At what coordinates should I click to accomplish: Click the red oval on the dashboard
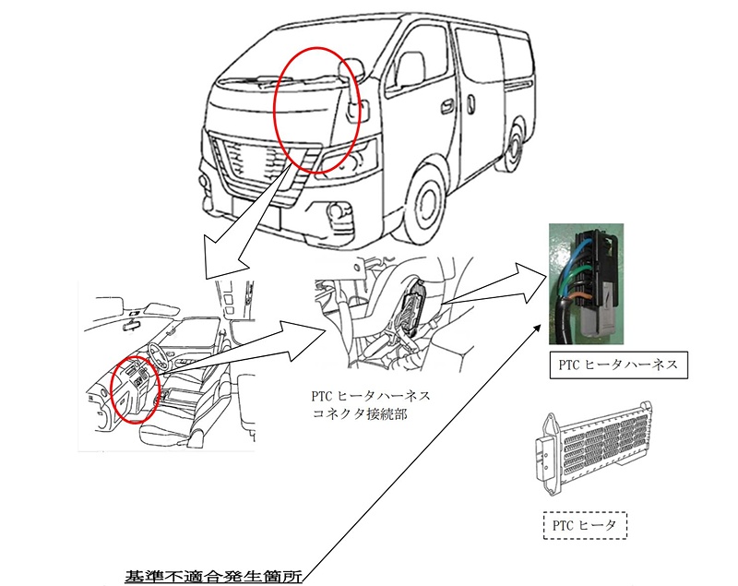(x=134, y=389)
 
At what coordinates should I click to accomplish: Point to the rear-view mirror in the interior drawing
(x=133, y=325)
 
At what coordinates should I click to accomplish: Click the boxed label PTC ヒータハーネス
(x=618, y=365)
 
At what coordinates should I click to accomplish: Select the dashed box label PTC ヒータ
(x=584, y=525)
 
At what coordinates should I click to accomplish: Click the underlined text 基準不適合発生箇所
(x=213, y=576)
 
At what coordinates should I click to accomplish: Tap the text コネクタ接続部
(x=361, y=414)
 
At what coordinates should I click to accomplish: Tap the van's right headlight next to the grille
(x=350, y=156)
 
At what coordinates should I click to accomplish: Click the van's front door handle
(x=444, y=107)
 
